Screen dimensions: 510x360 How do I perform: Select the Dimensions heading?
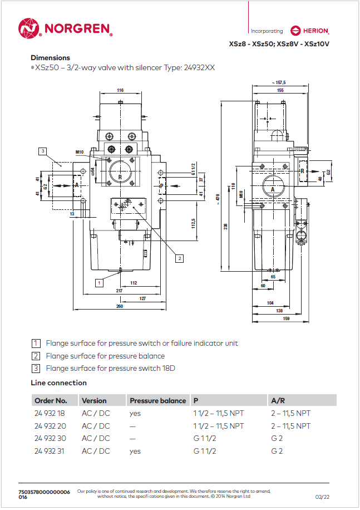tap(50, 57)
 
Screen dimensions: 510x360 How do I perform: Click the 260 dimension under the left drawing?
tap(120, 306)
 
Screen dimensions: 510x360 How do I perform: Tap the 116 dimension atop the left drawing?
tap(120, 90)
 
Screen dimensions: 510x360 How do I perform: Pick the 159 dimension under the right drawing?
tap(271, 318)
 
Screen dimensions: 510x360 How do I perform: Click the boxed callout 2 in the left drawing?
tap(179, 258)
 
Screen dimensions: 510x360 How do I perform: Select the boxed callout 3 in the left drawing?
tap(43, 150)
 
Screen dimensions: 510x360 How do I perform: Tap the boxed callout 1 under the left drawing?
tap(98, 282)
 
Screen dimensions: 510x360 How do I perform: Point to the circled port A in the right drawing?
tap(273, 189)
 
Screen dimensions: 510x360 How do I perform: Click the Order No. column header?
tap(51, 400)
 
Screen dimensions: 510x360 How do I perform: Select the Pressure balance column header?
tap(157, 400)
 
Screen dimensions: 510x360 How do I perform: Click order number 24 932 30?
tap(50, 438)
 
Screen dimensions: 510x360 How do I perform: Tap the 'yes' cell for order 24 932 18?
tap(135, 413)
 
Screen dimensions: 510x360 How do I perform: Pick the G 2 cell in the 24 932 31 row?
tap(277, 451)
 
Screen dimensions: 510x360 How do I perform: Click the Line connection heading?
tap(58, 382)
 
